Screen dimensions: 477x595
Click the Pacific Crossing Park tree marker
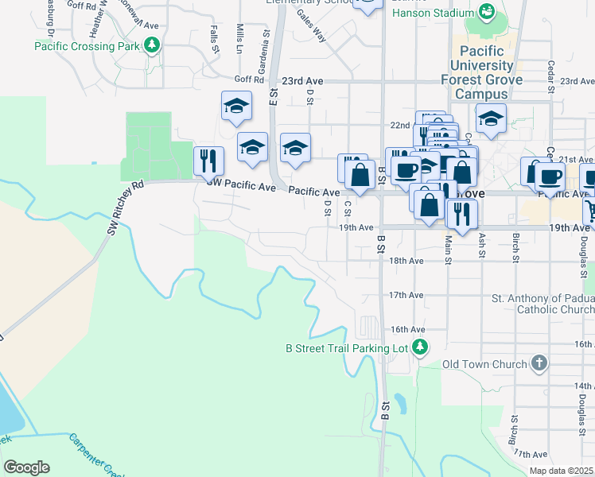point(150,45)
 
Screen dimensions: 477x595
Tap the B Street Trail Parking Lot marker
point(420,347)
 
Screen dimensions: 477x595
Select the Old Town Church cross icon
point(539,364)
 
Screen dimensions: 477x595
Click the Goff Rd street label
point(248,80)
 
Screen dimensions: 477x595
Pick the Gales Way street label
point(311,26)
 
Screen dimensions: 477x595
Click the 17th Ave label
point(406,295)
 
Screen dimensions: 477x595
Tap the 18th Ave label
point(406,261)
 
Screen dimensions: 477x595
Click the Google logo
point(26,467)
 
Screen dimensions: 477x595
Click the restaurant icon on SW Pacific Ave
point(208,161)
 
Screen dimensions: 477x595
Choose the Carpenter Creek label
point(95,454)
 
